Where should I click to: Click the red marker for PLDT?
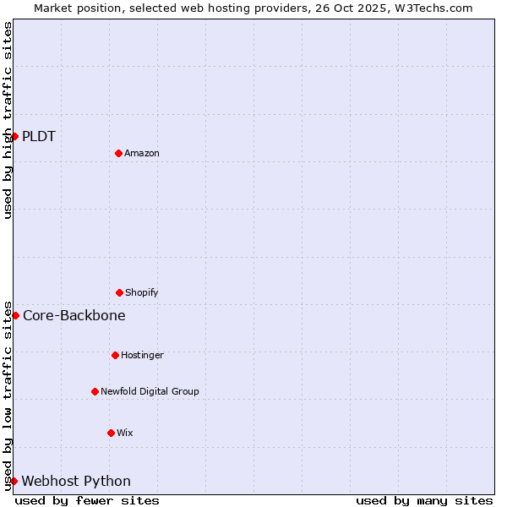coord(14,136)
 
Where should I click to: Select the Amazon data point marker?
coord(118,153)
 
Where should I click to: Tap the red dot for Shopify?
coord(119,292)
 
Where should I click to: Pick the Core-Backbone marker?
coord(15,315)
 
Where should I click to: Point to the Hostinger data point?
coord(115,355)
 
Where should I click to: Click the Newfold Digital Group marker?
coord(95,391)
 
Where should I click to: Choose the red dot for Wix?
coord(111,433)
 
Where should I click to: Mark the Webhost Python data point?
coord(14,481)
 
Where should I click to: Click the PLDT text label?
coord(39,137)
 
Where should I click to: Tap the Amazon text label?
coord(142,154)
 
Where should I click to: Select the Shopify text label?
coord(142,293)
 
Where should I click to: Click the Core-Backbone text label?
coord(74,316)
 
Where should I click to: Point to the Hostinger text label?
coord(142,356)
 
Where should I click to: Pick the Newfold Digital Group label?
coord(150,392)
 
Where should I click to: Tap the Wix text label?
coord(125,433)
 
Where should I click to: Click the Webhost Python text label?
coord(76,482)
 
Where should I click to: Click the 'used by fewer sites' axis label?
coord(87,500)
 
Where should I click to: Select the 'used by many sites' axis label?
coord(424,500)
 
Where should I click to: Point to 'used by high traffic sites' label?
coord(8,120)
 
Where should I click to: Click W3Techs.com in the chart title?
coord(431,8)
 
